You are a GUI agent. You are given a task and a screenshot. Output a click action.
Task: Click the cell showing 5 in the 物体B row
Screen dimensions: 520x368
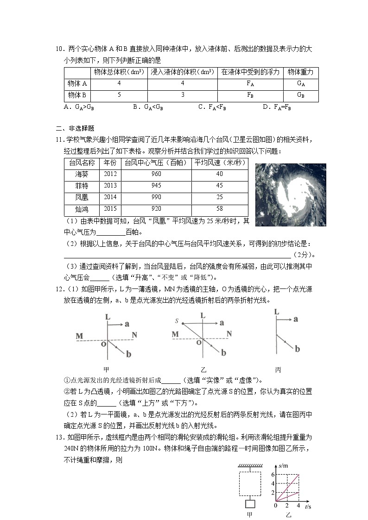[119, 95]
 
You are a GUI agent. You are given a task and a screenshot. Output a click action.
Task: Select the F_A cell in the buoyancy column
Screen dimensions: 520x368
[250, 84]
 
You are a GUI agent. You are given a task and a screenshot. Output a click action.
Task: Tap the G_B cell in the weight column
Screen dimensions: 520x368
[300, 95]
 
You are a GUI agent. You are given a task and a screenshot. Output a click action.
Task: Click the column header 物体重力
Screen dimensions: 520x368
[300, 72]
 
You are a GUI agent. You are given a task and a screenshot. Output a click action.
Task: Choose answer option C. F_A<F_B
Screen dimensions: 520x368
[212, 107]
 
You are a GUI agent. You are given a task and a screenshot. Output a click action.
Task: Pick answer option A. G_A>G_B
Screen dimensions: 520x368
[79, 107]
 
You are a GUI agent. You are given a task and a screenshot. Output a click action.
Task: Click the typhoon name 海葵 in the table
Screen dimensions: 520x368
[82, 174]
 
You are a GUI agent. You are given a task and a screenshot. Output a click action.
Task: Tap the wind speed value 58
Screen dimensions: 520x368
[219, 209]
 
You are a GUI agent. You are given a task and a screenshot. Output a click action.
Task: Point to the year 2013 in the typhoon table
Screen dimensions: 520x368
[110, 186]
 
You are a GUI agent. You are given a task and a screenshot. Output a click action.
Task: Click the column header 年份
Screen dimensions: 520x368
[110, 163]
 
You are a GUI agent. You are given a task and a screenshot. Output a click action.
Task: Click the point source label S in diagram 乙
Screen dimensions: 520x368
[177, 321]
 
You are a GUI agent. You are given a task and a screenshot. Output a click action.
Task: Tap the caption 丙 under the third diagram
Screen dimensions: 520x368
[278, 370]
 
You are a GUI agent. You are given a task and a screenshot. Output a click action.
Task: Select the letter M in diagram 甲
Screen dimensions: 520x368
[79, 335]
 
